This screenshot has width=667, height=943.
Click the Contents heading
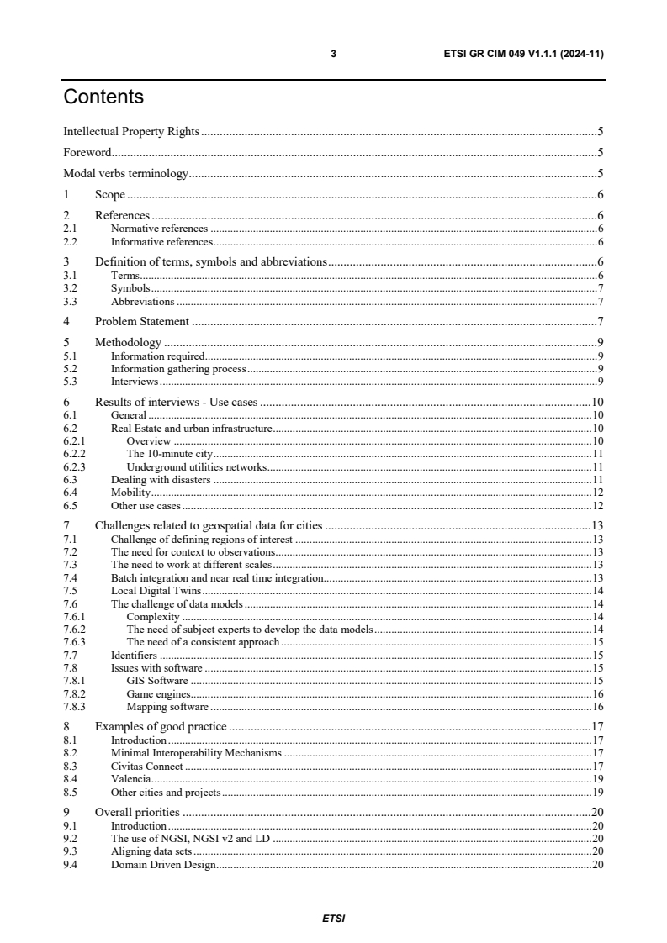[103, 97]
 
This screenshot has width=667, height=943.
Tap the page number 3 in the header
[334, 54]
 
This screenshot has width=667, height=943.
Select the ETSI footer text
[333, 918]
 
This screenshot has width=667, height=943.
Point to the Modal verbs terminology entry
[125, 175]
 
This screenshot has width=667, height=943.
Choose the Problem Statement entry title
[142, 321]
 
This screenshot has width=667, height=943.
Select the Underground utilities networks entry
[196, 466]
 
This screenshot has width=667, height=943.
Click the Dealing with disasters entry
[161, 480]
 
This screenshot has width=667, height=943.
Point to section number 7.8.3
[75, 707]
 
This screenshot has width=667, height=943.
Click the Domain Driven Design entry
[163, 865]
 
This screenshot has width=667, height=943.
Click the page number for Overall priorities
[598, 812]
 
